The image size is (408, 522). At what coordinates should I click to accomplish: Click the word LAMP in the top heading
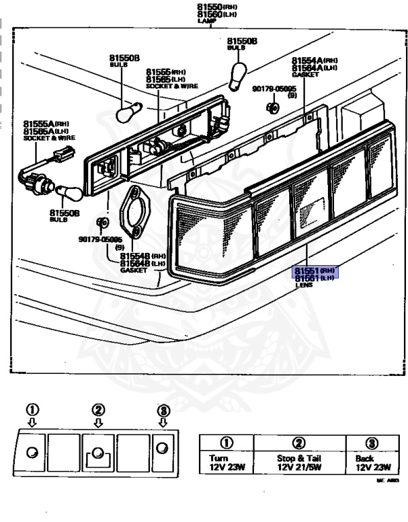[206, 21]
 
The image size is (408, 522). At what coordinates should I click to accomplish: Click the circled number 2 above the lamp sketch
[98, 409]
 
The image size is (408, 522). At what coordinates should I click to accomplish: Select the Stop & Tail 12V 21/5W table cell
[297, 462]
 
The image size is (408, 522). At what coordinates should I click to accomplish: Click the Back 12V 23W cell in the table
[369, 462]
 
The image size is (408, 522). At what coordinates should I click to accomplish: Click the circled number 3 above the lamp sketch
[163, 410]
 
